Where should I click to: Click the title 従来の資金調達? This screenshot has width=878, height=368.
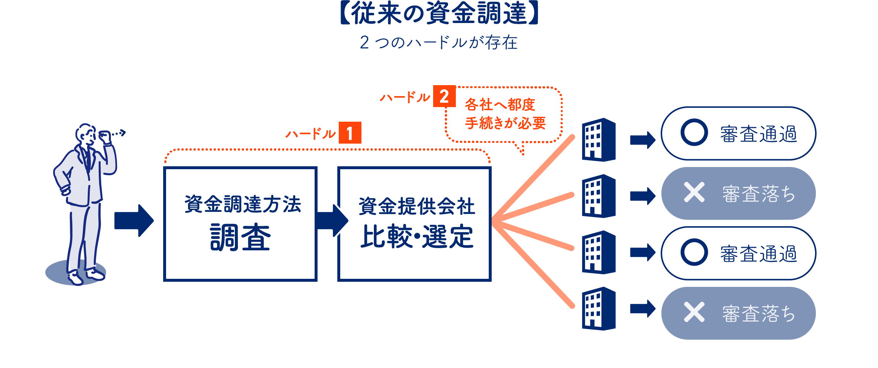pos(439,14)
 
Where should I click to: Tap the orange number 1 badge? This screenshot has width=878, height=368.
pos(350,133)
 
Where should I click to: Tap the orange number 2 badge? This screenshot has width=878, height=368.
pos(444,96)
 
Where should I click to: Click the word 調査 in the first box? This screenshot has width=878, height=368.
pos(240,238)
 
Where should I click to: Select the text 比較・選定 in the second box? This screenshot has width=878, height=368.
pos(417,237)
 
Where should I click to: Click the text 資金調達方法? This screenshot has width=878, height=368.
pos(243,204)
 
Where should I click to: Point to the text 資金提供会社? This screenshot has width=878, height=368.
pos(417,206)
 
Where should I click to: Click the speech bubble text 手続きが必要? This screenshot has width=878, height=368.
pos(505,123)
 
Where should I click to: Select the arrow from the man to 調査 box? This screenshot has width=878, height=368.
pos(134,221)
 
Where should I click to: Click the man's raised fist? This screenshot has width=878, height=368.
pos(105,136)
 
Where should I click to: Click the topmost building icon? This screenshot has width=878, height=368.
pos(599,140)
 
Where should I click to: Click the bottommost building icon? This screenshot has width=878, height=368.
pos(599,309)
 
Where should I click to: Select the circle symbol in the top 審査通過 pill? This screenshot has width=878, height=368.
pos(694,132)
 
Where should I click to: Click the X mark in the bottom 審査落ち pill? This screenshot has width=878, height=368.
pos(694,312)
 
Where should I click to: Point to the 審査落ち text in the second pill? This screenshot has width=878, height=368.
pos(759,194)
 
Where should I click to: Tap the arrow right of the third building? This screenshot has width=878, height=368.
pos(642,253)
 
